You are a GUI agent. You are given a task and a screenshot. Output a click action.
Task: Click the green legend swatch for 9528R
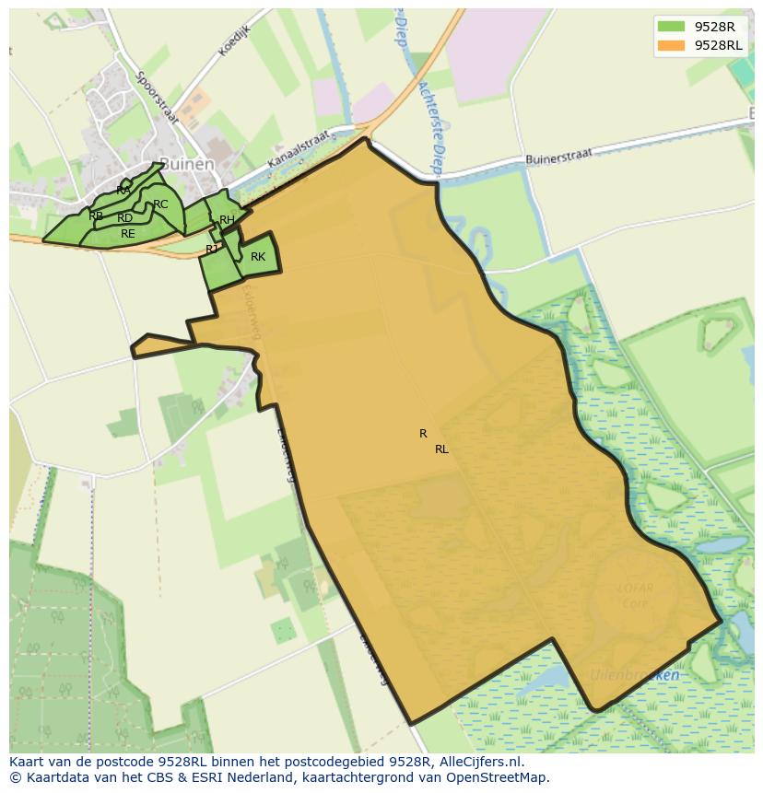point(672,27)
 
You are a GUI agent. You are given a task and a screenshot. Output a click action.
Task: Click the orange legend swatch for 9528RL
point(672,45)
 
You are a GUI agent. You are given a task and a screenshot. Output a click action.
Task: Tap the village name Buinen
point(186,164)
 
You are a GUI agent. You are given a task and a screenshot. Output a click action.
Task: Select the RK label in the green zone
point(258,257)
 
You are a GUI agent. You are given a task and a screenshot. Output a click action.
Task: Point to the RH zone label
point(227,220)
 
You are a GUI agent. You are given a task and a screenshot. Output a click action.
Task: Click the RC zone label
point(160,204)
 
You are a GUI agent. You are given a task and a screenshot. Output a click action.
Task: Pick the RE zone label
point(128,234)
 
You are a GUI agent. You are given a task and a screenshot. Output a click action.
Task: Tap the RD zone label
point(124,218)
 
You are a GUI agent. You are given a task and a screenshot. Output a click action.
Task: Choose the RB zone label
point(96,216)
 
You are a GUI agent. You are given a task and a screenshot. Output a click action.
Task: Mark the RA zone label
point(123,190)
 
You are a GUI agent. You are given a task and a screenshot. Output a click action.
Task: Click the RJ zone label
point(212,249)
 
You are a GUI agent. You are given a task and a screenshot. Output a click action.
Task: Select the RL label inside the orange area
point(441,449)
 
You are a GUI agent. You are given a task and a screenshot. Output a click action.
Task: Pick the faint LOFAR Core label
point(636,594)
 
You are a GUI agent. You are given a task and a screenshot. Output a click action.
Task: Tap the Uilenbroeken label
point(635,675)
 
